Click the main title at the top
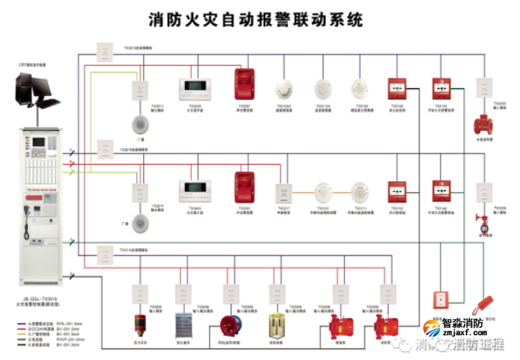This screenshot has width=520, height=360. [256, 19]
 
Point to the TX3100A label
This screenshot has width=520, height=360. [284, 106]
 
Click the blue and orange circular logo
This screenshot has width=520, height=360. [432, 331]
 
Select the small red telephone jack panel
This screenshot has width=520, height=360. [440, 300]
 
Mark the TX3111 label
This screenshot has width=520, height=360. [360, 208]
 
